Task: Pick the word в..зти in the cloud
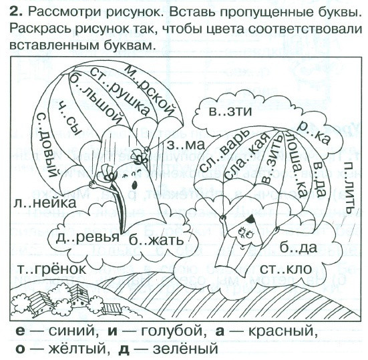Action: pyautogui.click(x=230, y=112)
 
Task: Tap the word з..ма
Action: pyautogui.click(x=186, y=145)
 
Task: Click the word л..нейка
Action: pyautogui.click(x=45, y=202)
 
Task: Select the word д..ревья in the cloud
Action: pyautogui.click(x=87, y=238)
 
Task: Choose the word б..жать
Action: pyautogui.click(x=156, y=240)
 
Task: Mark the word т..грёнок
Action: pyautogui.click(x=52, y=269)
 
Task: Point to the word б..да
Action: pyautogui.click(x=299, y=247)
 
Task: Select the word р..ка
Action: pyautogui.click(x=314, y=133)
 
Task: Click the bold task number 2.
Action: pyautogui.click(x=16, y=12)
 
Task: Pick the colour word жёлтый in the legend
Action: pyautogui.click(x=77, y=349)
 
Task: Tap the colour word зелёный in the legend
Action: pyautogui.click(x=186, y=349)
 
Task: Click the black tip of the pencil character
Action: pyautogui.click(x=250, y=219)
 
